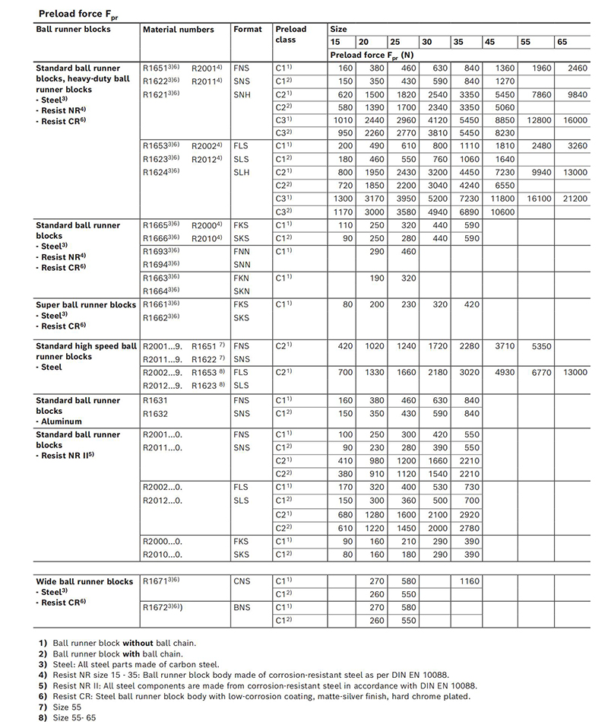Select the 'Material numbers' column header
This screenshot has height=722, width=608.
(x=178, y=30)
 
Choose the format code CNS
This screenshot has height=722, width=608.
(x=242, y=581)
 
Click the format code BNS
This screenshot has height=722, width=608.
(x=242, y=607)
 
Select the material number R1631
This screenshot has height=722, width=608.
(x=155, y=399)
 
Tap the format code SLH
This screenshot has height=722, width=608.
(x=241, y=173)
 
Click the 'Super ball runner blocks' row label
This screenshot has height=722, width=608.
(x=86, y=305)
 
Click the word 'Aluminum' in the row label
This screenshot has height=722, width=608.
(x=61, y=421)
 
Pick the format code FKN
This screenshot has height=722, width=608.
(x=241, y=278)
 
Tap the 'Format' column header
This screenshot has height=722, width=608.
(x=247, y=30)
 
